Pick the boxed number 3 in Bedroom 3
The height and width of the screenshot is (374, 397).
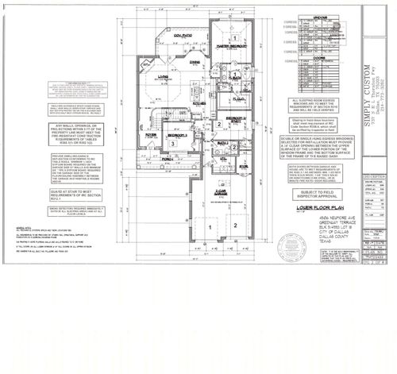(172, 143)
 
